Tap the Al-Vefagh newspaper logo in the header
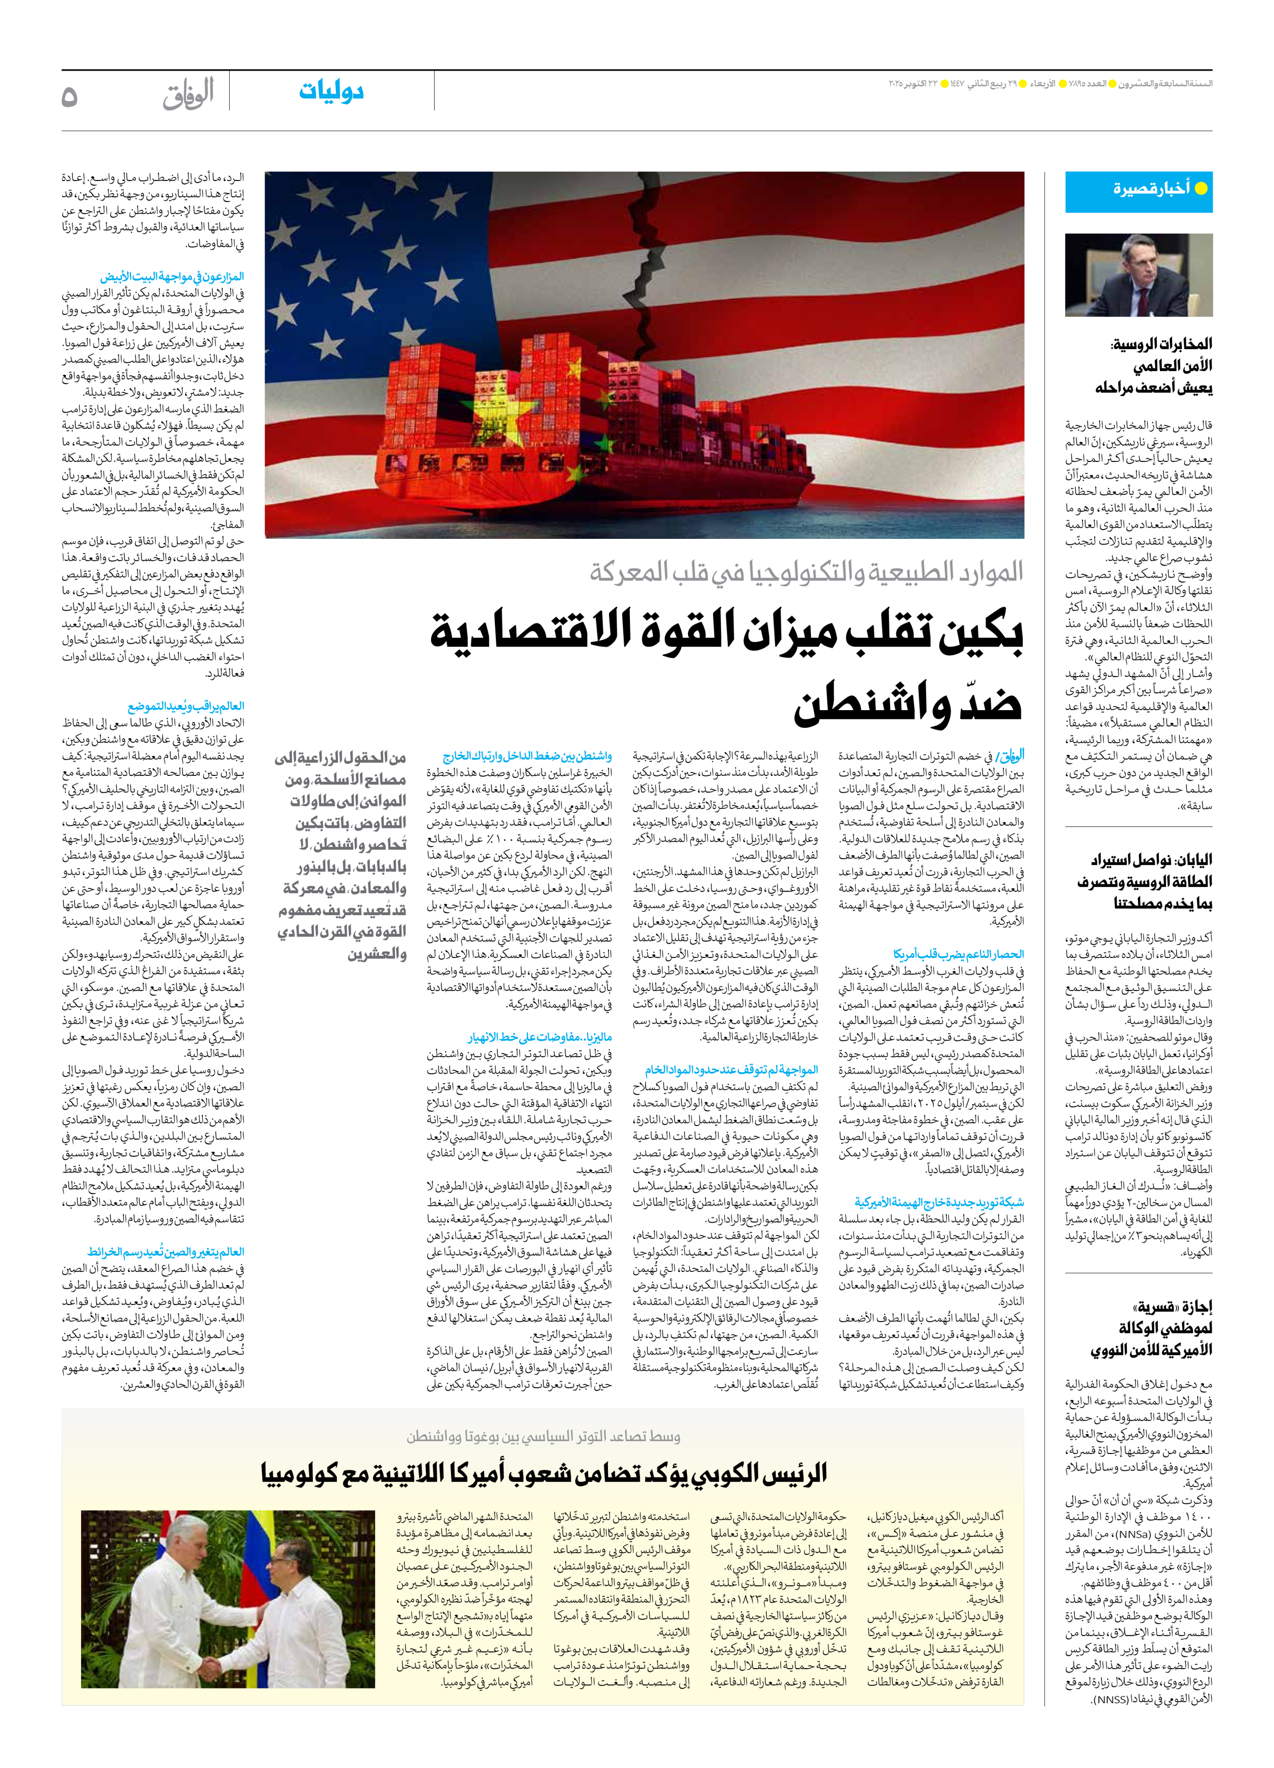(188, 95)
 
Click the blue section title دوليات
(331, 91)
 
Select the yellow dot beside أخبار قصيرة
(1201, 188)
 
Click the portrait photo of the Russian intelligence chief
(1138, 275)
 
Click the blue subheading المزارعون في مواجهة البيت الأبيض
(171, 277)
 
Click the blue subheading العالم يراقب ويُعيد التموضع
(185, 706)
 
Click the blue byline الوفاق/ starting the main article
(1011, 755)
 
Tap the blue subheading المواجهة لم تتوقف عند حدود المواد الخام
(730, 1070)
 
